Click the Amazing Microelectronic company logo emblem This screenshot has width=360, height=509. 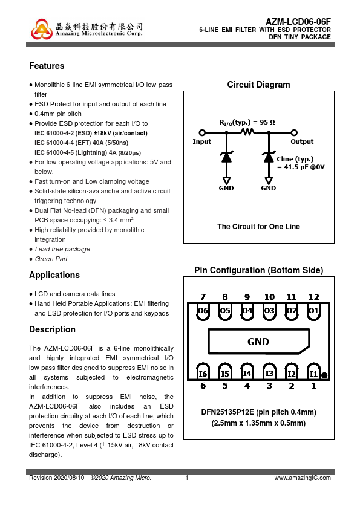[42, 29]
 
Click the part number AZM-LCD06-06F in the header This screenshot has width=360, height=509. [298, 22]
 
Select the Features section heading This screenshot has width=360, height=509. [47, 66]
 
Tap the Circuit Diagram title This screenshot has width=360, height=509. [258, 85]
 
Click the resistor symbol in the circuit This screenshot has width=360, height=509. [247, 131]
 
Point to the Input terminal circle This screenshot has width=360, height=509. [202, 132]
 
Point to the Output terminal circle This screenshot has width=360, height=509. [294, 132]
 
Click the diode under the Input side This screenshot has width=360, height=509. [226, 157]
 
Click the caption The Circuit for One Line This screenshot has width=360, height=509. [258, 227]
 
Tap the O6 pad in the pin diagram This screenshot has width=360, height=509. [203, 311]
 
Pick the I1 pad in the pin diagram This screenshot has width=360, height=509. [313, 372]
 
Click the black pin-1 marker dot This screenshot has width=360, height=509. [324, 375]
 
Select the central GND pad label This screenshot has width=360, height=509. [258, 342]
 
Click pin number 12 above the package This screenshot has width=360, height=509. [313, 297]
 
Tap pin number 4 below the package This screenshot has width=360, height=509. [247, 386]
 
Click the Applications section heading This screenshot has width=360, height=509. [54, 275]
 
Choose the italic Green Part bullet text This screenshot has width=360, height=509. [51, 259]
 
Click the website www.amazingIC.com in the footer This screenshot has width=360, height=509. [303, 478]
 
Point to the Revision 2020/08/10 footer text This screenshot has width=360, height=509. [56, 478]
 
